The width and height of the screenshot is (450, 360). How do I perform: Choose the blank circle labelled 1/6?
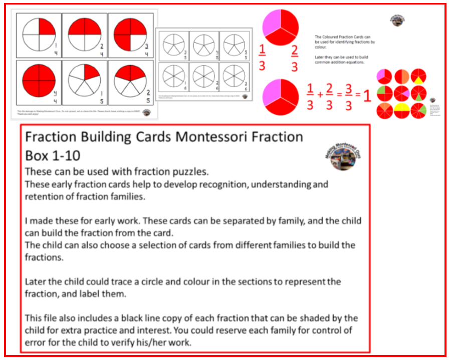coord(171,76)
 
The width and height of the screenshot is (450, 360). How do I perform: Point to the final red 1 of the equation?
coord(367,95)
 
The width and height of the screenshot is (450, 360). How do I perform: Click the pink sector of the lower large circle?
coord(271,94)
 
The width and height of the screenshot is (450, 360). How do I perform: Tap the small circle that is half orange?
coord(401,77)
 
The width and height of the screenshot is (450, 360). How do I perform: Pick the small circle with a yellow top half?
coord(401,108)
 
